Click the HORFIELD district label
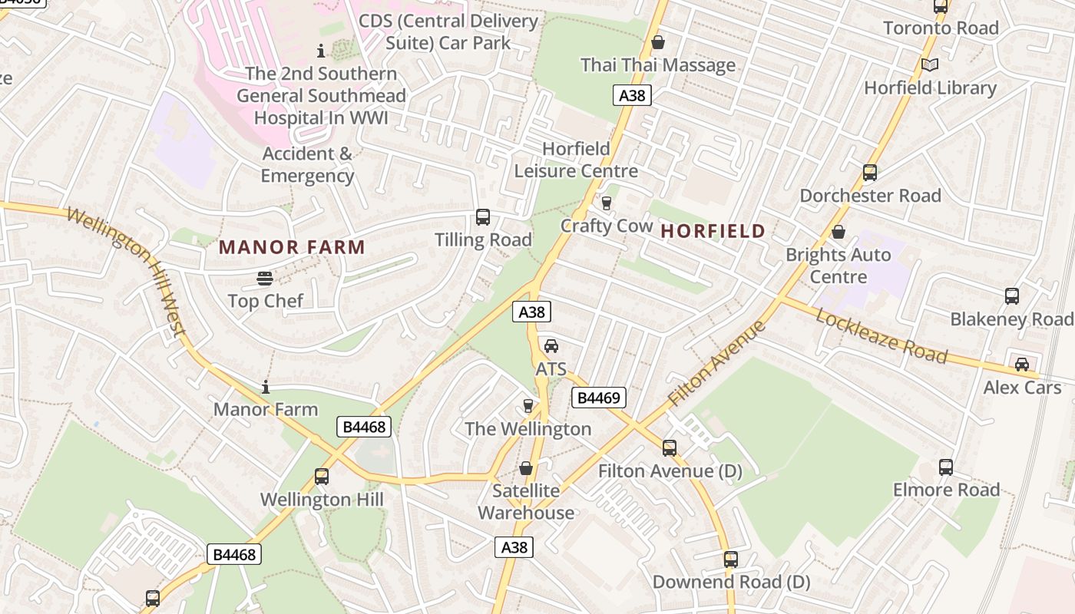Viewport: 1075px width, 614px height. pos(713,231)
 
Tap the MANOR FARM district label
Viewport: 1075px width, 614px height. pos(292,247)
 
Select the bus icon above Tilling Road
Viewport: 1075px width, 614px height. pos(483,217)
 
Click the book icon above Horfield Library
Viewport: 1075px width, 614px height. pos(930,65)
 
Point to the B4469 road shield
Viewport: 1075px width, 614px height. pos(599,398)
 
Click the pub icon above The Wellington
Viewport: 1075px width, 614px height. pos(528,405)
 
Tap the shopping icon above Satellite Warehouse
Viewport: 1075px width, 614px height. pos(526,467)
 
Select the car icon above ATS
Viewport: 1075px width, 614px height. pos(551,345)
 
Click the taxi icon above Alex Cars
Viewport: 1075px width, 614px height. pos(1022,365)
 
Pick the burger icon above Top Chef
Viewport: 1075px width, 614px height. pos(265,278)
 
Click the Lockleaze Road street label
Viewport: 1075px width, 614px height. pos(881,335)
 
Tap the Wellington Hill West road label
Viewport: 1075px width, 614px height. pos(127,270)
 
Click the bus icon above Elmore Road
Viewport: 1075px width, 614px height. pos(946,467)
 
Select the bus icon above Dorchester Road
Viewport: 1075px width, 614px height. pos(870,173)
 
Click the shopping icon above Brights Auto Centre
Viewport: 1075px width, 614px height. pos(838,232)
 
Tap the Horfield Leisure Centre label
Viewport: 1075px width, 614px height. pos(576,160)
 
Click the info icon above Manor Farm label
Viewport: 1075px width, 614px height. pos(266,387)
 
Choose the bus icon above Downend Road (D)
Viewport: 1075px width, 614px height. pos(731,560)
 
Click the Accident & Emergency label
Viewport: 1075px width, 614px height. pos(307,164)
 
